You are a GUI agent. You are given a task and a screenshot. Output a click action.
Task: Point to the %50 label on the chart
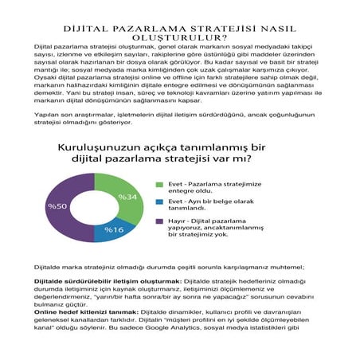point(57,206)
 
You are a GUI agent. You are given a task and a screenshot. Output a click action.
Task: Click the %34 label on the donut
point(128,197)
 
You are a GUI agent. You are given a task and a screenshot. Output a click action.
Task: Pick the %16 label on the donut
point(115,230)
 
